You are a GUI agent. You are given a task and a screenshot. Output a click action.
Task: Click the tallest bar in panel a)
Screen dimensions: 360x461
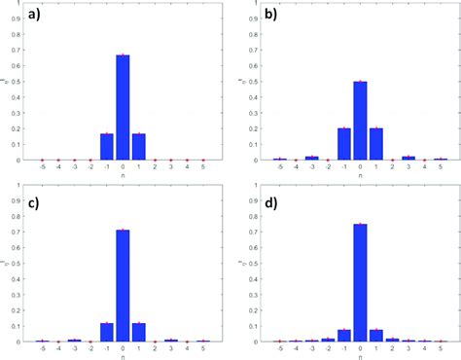123,108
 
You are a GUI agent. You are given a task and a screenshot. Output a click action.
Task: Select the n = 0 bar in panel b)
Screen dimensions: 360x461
360,121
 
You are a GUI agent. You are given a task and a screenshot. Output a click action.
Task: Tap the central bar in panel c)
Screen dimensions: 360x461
123,287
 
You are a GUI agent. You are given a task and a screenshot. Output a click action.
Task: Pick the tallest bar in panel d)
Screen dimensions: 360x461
360,283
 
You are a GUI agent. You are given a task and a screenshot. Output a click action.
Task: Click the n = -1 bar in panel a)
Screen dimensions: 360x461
106,147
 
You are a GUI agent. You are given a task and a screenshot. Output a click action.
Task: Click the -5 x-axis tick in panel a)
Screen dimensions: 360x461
42,168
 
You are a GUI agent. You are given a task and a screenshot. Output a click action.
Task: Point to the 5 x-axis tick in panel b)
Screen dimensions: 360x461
441,168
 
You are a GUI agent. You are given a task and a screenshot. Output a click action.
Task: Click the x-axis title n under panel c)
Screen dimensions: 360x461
123,356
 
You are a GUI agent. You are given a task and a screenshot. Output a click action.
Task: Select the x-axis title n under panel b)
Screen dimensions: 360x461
360,176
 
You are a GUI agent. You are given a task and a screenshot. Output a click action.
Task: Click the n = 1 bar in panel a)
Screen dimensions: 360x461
139,147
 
